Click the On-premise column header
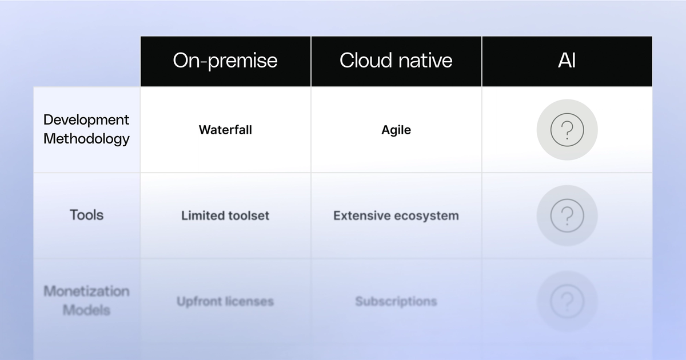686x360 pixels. (x=225, y=61)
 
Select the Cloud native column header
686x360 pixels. (x=396, y=61)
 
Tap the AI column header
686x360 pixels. (x=567, y=61)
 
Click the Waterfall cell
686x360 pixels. (x=225, y=130)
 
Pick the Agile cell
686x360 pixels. (x=396, y=130)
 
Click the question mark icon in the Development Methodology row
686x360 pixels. (x=567, y=130)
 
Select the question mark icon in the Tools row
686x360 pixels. (x=567, y=215)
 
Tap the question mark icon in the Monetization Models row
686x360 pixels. (x=567, y=301)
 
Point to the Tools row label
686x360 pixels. (x=86, y=215)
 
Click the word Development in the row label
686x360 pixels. (x=86, y=120)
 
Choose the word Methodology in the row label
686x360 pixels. (x=86, y=139)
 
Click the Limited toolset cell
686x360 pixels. (x=225, y=215)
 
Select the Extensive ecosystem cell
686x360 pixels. (x=396, y=215)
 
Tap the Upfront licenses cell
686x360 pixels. (x=225, y=301)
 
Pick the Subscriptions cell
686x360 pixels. (x=396, y=301)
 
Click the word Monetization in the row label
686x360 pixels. (x=86, y=291)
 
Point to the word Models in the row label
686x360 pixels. (x=86, y=310)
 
